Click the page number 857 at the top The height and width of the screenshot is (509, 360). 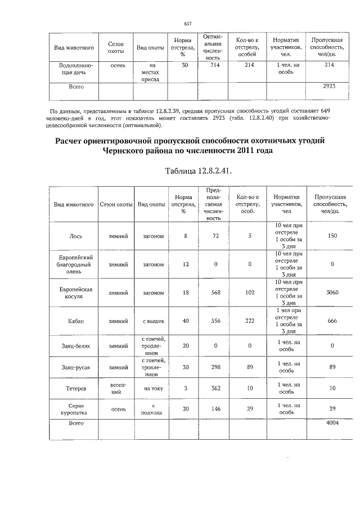click(x=188, y=23)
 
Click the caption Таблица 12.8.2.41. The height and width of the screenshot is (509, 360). click(x=197, y=170)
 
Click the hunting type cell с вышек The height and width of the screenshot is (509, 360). click(x=152, y=321)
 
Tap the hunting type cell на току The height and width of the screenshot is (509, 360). click(x=152, y=388)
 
